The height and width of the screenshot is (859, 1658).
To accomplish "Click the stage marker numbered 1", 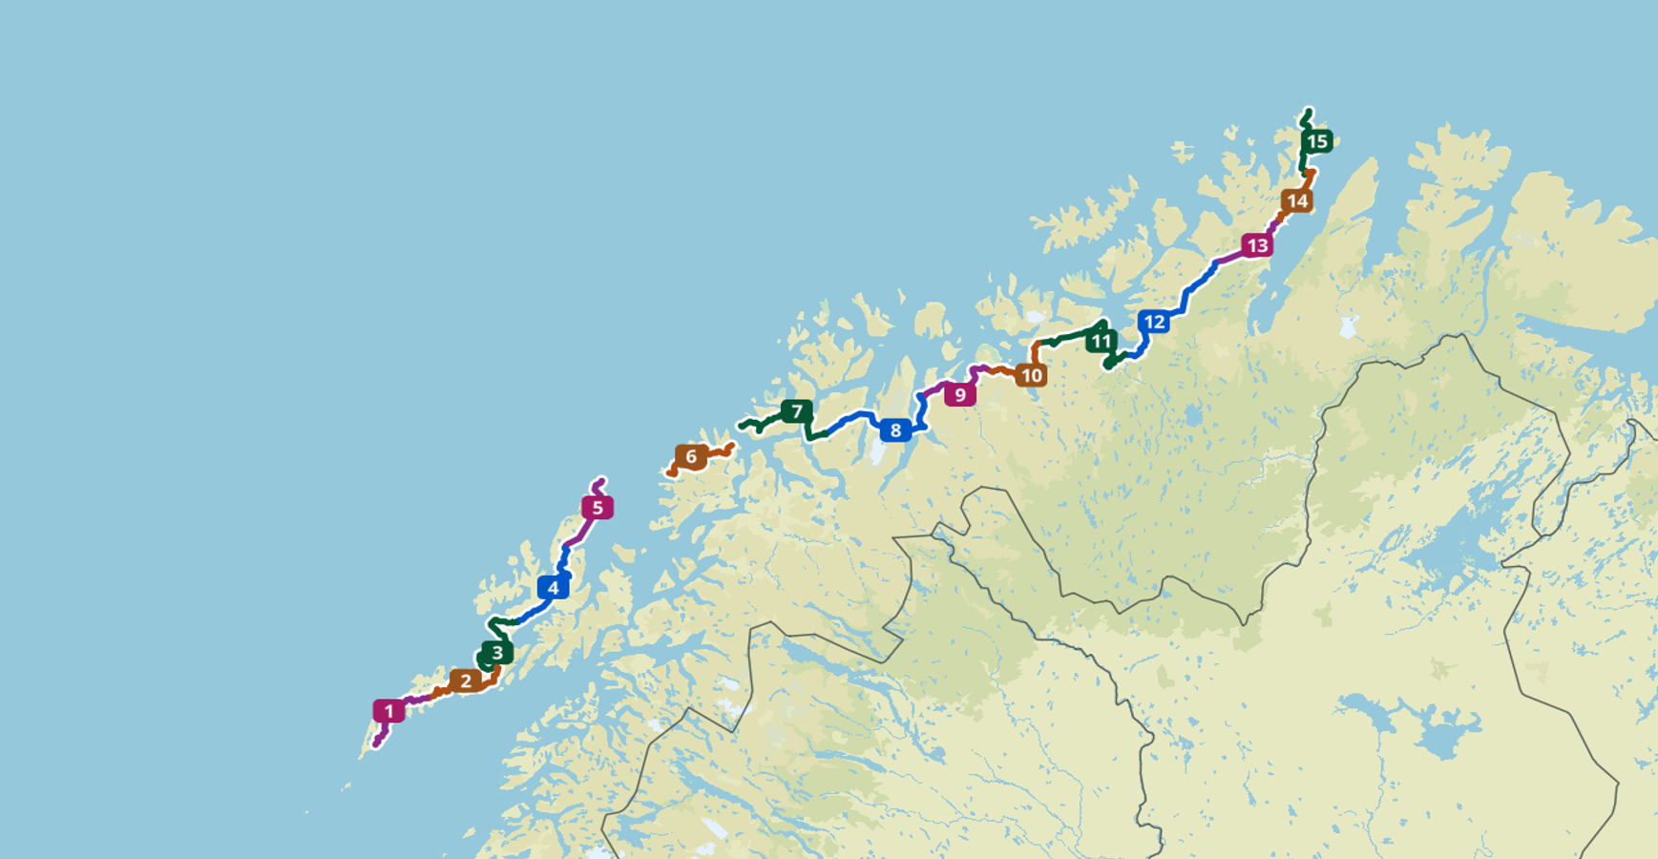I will pos(388,711).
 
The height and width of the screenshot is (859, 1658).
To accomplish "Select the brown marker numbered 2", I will pos(466,681).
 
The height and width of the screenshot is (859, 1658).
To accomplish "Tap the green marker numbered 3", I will pos(496,653).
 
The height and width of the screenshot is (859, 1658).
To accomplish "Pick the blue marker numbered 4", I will pos(553,587).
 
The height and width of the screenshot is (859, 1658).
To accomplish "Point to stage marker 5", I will pos(598,508).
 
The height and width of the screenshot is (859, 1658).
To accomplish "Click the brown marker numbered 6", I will pos(691,456).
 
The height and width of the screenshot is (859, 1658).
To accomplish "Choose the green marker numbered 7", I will pos(797,411).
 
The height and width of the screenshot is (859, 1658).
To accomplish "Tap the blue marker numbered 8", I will pos(895,430).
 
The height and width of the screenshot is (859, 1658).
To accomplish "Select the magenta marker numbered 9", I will pos(960,394).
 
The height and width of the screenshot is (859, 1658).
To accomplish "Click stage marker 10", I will pos(1031,375).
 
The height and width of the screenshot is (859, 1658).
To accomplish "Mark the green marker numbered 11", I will pos(1101,341).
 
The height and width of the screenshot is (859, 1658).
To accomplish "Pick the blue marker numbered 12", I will pos(1154,322).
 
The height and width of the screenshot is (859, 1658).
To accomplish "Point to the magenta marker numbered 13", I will pos(1257,245).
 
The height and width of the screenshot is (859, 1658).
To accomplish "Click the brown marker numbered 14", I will pos(1297,200).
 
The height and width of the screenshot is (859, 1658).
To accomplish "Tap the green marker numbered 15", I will pos(1317,141).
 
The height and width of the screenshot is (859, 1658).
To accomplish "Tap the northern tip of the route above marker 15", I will pos(1309,110).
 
